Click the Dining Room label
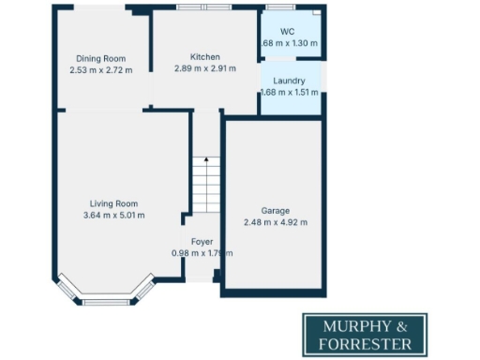(x=102, y=58)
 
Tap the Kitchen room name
(x=205, y=56)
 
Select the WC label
(x=288, y=32)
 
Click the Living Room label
(x=113, y=203)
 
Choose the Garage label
(x=275, y=211)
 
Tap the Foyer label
(x=202, y=242)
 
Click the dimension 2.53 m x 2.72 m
(x=102, y=69)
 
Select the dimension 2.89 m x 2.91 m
(x=205, y=68)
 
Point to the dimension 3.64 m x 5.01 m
(x=113, y=216)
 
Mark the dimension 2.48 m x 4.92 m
(x=275, y=222)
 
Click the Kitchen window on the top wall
(x=204, y=7)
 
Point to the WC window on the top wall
(x=279, y=8)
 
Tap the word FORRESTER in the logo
(x=366, y=343)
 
